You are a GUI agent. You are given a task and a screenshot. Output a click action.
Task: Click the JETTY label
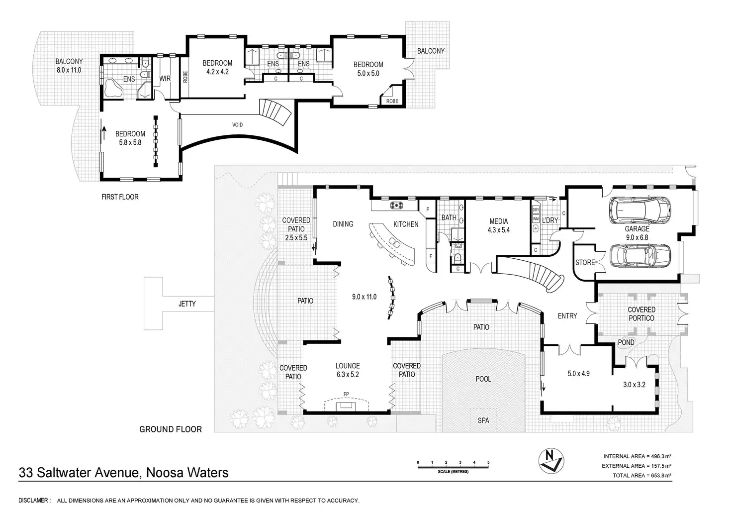187,304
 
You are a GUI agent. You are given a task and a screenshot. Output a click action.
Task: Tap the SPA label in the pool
483,420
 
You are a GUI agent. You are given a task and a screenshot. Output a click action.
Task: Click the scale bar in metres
453,464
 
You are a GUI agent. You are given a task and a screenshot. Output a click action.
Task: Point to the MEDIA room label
498,221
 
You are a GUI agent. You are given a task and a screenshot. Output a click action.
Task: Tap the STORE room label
585,262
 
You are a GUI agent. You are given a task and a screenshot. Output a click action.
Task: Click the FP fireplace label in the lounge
346,395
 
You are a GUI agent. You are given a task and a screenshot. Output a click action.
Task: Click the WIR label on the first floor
165,79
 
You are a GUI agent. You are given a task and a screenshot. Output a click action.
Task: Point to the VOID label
238,125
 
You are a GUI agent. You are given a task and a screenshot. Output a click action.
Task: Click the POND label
626,342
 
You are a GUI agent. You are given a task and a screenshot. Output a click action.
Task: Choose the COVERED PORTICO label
641,314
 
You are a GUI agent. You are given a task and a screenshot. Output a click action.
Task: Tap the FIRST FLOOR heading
120,197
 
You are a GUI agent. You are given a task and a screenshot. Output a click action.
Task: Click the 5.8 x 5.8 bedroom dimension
130,142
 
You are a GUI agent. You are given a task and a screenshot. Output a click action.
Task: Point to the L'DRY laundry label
549,220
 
